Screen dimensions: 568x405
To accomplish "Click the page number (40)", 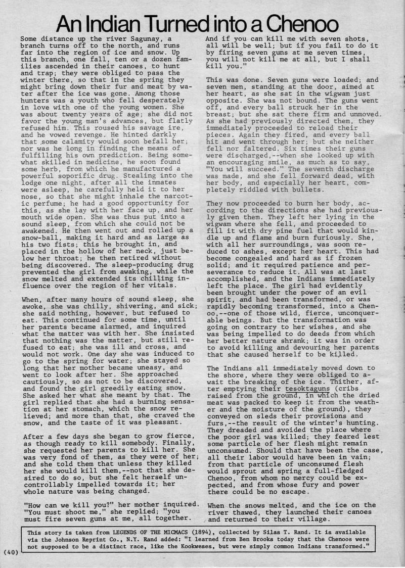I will point(10,552).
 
